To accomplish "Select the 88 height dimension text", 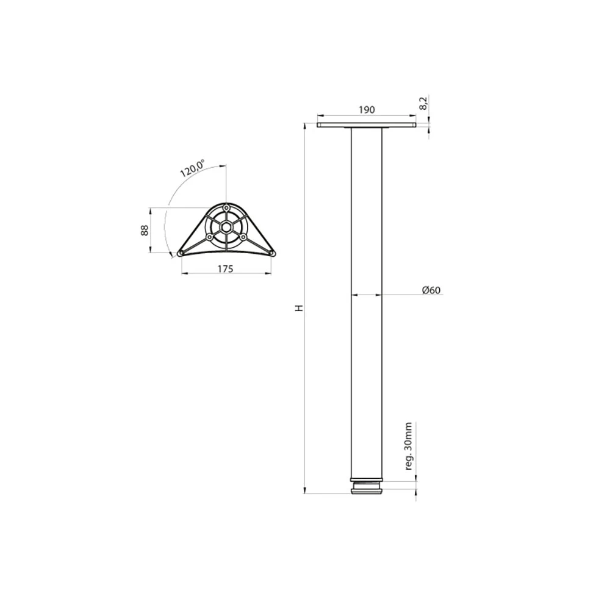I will click(145, 231).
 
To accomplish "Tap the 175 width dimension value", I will click(225, 269).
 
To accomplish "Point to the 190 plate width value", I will click(366, 110).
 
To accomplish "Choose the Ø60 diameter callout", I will click(431, 290).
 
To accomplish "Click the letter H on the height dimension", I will click(298, 309).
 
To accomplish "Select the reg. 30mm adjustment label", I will click(409, 445).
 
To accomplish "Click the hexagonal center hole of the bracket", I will click(226, 228).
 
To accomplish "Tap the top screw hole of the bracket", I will click(226, 207).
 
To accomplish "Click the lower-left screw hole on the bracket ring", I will click(209, 237).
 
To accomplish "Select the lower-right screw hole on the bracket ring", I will click(243, 237).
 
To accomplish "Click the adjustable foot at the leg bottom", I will click(367, 488).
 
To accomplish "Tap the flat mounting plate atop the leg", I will click(367, 126).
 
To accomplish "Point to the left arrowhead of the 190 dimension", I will click(319, 115).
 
